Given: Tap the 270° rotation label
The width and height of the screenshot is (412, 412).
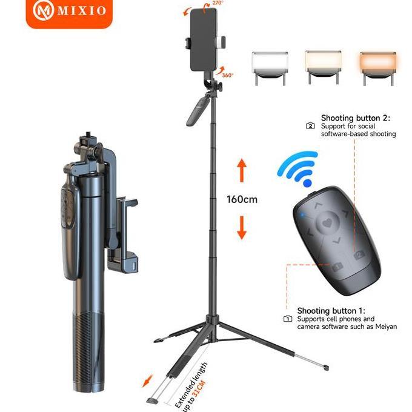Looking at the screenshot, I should click(217, 4).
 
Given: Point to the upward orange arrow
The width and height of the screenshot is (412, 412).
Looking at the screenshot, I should click(241, 170).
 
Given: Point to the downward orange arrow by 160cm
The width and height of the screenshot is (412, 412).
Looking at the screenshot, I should click(241, 227).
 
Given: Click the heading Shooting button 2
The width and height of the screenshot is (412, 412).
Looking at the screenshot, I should click(359, 118).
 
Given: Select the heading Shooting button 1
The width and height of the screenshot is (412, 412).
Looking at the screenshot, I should click(336, 310).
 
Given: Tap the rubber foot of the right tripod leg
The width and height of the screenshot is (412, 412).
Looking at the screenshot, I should click(326, 367).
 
